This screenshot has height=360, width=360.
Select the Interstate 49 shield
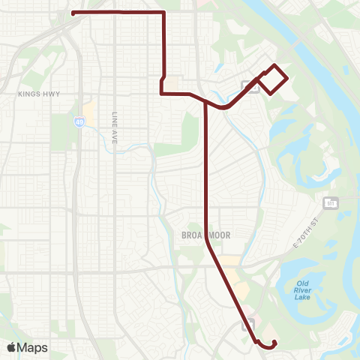(79, 120)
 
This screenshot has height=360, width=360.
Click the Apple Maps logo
(27, 347)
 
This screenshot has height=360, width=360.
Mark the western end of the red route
(72, 13)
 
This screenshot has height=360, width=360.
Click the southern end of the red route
(274, 343)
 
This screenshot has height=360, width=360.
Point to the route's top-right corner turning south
(163, 13)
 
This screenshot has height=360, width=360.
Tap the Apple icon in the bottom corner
(12, 346)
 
